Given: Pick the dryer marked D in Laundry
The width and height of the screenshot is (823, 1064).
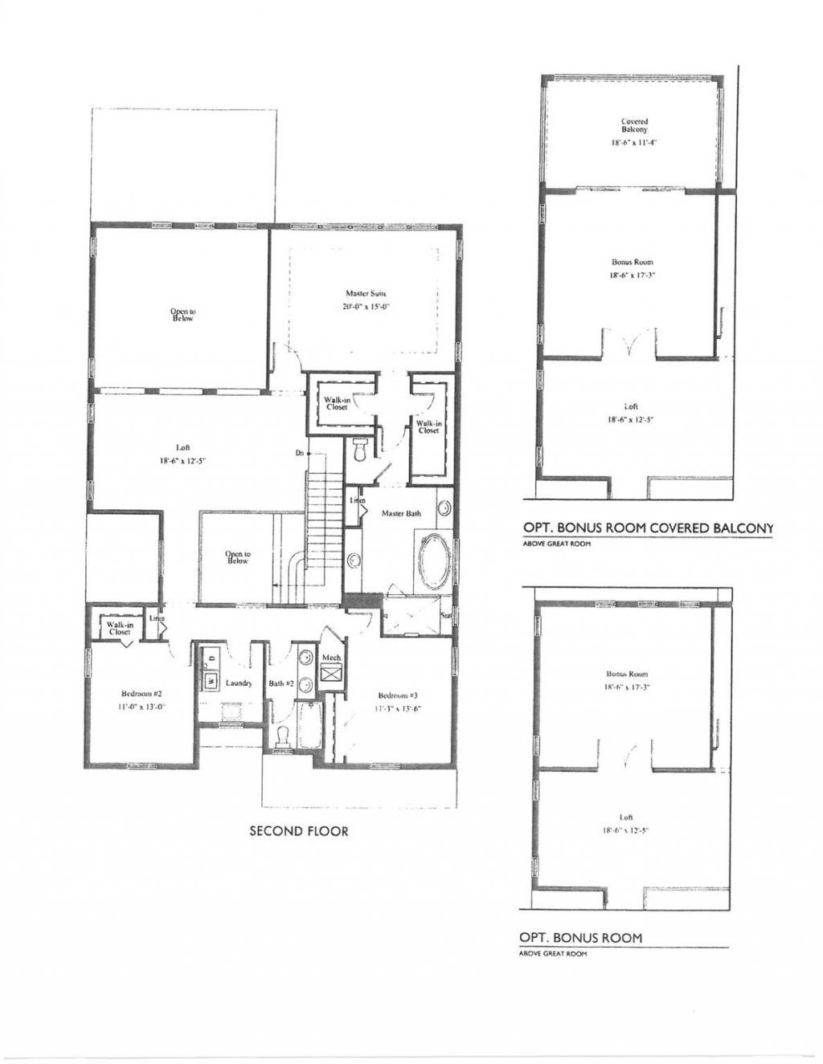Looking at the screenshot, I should [x=211, y=658].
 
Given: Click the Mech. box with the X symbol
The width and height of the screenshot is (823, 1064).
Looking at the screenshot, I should [x=331, y=674].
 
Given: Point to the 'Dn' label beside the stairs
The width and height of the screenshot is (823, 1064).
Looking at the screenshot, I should [x=299, y=454].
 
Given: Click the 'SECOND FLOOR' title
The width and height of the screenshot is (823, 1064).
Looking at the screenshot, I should [x=299, y=831].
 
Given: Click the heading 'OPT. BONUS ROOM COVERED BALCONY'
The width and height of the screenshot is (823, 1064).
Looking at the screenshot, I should [x=648, y=528].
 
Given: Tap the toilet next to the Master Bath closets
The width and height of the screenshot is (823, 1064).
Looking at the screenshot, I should [x=360, y=451].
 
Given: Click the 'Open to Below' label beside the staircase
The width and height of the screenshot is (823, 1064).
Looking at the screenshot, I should [x=237, y=557].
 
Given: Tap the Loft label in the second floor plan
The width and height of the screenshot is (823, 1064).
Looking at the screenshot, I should [x=182, y=447].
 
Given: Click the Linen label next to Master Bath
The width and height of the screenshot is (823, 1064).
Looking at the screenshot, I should [x=357, y=501].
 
